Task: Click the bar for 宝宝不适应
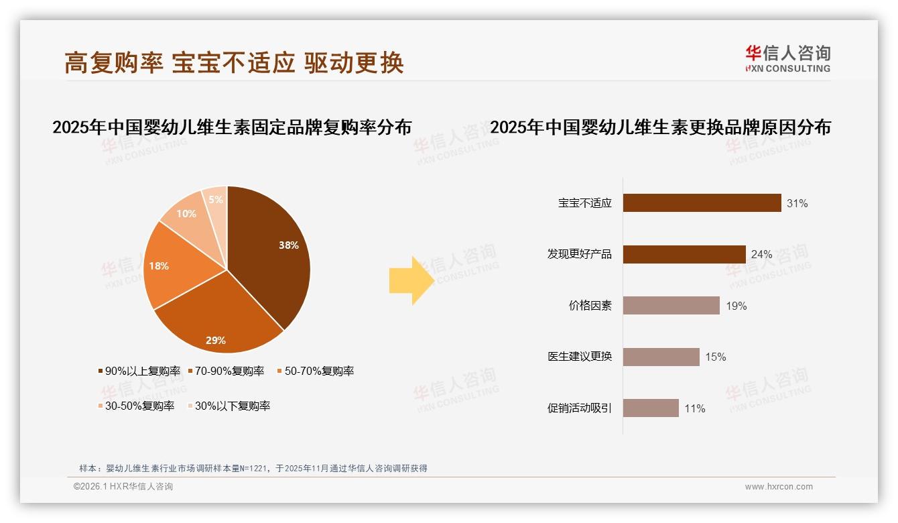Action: tap(702, 202)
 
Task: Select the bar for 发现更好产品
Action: tap(684, 254)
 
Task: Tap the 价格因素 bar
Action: tap(671, 306)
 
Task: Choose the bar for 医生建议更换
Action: tap(661, 357)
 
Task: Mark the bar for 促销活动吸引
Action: tap(651, 408)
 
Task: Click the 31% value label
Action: tap(797, 203)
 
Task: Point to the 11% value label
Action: tap(694, 408)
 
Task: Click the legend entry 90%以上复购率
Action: tap(139, 371)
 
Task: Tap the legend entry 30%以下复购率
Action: tap(228, 406)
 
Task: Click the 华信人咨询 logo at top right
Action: tap(787, 58)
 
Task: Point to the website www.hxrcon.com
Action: tap(778, 487)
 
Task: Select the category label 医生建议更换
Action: tap(580, 357)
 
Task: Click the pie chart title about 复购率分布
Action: tap(232, 127)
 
